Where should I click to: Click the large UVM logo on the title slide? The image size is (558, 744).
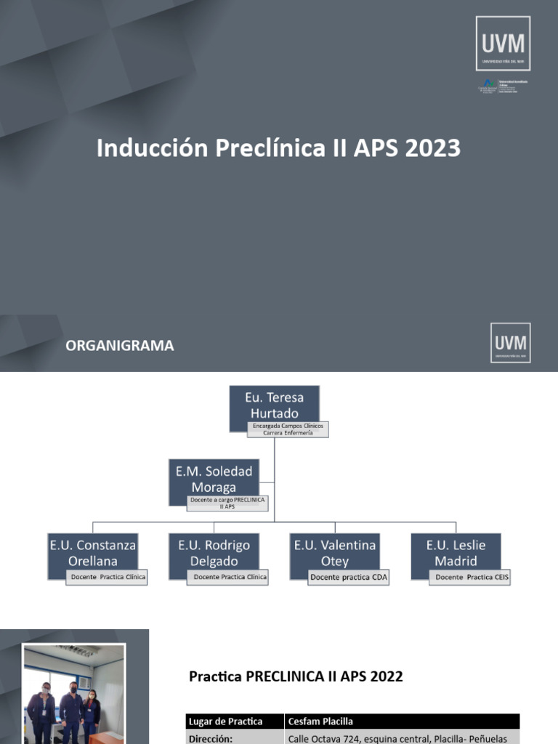point(503,44)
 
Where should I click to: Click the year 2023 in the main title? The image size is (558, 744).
point(429,148)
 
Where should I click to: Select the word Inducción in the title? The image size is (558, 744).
point(152,148)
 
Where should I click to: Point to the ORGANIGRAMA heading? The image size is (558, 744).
point(120,346)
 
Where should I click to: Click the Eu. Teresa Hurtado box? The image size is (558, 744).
point(274,405)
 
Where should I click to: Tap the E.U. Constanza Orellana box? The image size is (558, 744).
point(92,553)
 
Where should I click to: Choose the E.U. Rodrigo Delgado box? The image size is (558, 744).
point(214,553)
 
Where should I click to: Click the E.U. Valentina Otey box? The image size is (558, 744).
point(334,553)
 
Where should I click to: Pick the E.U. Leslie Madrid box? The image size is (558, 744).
point(456,553)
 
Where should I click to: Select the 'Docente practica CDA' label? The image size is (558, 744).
point(348,578)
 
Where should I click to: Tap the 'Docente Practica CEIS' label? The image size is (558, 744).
point(469,578)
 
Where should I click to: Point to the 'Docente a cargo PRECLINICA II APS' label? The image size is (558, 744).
point(227,503)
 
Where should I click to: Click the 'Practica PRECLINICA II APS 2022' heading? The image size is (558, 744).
point(296,676)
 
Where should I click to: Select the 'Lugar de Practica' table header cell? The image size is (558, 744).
point(234,721)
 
